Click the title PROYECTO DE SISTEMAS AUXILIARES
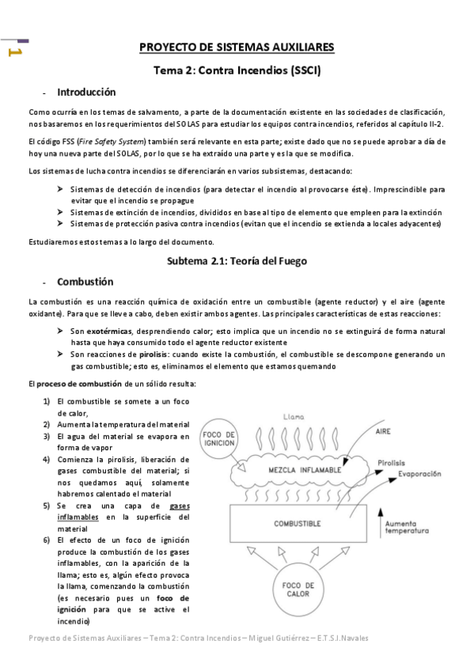[x=236, y=48]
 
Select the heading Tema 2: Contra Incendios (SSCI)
[x=236, y=70]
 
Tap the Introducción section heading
[x=88, y=93]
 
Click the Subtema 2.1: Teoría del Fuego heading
[x=236, y=260]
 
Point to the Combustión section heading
[x=85, y=282]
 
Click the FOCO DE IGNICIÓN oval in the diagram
[x=219, y=438]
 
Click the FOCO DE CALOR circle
[x=297, y=589]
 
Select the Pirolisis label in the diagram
[x=392, y=461]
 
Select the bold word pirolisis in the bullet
[x=147, y=354]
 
